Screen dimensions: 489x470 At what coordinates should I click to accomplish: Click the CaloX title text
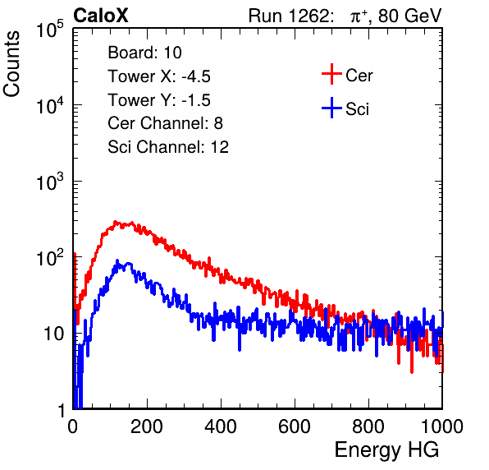(101, 16)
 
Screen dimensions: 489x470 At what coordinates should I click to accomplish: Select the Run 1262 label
(289, 16)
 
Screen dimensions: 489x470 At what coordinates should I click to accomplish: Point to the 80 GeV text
(409, 16)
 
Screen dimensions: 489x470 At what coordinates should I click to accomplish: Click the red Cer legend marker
(331, 74)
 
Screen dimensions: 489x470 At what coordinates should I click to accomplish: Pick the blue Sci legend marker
(331, 108)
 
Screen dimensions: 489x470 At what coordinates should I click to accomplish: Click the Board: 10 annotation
(144, 53)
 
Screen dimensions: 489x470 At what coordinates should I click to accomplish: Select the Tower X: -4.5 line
(159, 76)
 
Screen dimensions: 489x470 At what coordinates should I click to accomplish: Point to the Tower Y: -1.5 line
(159, 100)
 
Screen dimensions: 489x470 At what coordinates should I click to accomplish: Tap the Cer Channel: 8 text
(165, 123)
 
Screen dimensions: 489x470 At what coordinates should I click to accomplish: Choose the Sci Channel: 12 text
(168, 147)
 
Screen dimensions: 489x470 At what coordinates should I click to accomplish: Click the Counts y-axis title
(11, 64)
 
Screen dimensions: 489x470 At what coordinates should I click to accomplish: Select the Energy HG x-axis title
(387, 450)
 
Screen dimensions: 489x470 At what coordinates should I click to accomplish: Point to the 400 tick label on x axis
(221, 426)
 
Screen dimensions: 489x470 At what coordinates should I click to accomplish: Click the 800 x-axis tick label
(368, 426)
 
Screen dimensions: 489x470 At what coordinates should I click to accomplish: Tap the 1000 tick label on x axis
(442, 426)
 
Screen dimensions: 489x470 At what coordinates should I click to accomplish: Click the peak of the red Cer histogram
(116, 222)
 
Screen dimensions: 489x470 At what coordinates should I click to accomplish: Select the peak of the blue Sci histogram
(117, 260)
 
